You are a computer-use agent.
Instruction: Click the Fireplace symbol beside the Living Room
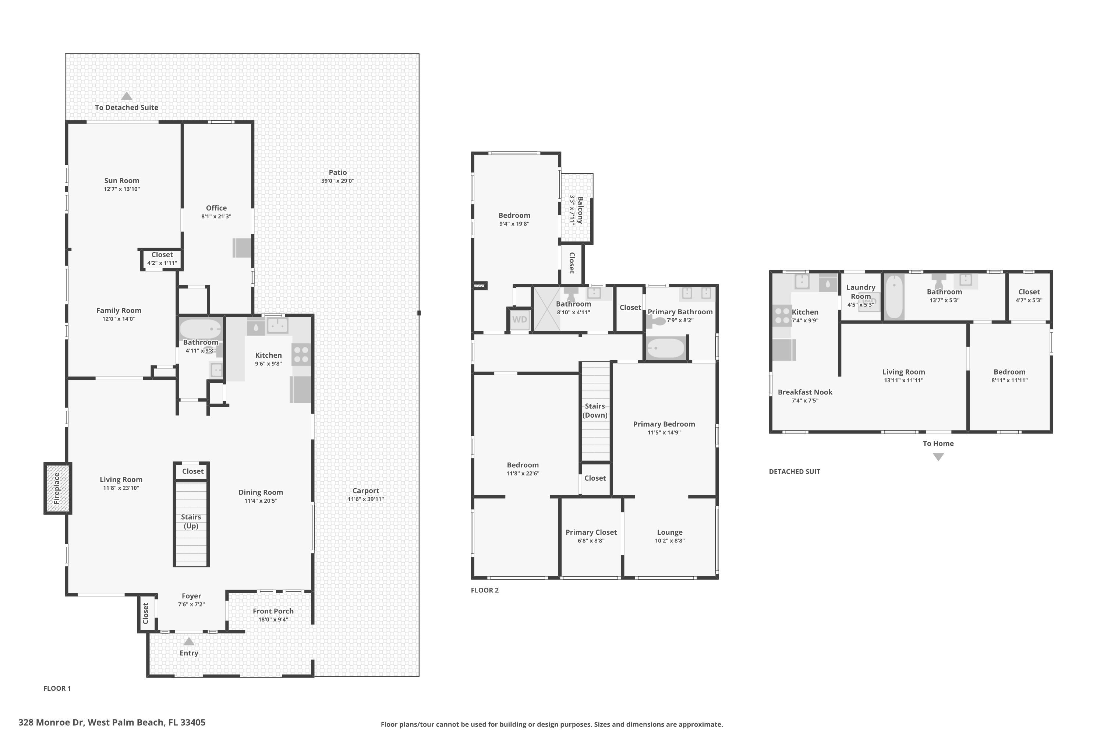(x=58, y=488)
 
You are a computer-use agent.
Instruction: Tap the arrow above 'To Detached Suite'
(x=127, y=96)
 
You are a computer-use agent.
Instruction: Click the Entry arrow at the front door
(x=189, y=641)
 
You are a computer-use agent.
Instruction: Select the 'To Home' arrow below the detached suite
(x=938, y=457)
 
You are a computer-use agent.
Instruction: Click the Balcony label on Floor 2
(x=581, y=210)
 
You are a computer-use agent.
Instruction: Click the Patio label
(x=338, y=172)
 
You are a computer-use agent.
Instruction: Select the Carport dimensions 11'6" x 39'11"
(x=366, y=499)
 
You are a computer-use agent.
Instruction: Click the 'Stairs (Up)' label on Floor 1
(x=191, y=521)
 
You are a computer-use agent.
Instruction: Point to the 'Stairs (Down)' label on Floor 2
(x=595, y=411)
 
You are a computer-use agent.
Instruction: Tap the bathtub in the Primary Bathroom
(x=666, y=348)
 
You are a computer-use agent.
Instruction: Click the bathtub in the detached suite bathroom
(x=894, y=297)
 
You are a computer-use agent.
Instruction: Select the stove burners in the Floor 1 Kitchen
(x=301, y=354)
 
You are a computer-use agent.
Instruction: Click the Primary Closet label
(x=591, y=532)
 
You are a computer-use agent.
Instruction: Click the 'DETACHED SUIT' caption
(x=795, y=471)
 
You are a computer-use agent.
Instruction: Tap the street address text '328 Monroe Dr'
(x=51, y=722)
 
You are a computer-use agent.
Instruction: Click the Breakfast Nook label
(x=805, y=392)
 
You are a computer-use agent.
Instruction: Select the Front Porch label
(x=273, y=611)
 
